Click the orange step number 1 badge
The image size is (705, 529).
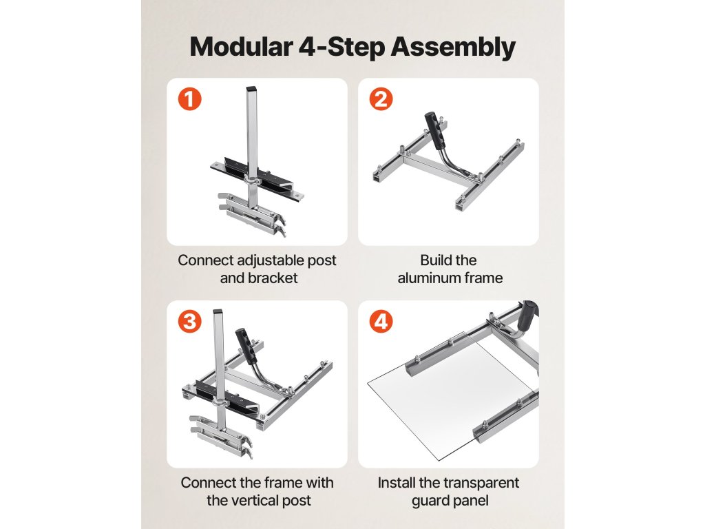click(x=190, y=99)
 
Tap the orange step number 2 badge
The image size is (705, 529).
click(x=381, y=99)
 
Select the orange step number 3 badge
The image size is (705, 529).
click(x=190, y=322)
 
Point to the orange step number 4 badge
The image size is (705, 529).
click(x=381, y=322)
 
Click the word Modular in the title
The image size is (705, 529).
click(x=241, y=46)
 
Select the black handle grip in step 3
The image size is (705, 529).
click(x=246, y=346)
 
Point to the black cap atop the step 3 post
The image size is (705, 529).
click(x=218, y=311)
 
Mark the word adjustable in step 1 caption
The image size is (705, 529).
click(x=264, y=260)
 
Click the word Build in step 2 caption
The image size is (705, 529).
click(x=433, y=260)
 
